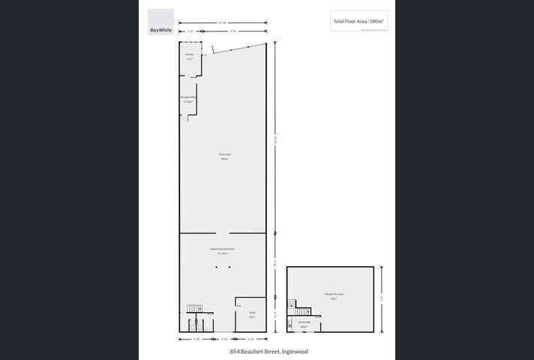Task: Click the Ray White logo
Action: coord(160,22)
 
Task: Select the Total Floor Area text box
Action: coord(358,22)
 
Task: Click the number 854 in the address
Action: coord(235,351)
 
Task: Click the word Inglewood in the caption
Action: coord(294,351)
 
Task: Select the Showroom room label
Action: coord(223,156)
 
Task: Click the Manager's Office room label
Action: coord(187,97)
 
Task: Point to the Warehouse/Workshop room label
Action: coord(222,250)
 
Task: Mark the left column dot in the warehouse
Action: coord(217,267)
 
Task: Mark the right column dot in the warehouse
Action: coord(229,267)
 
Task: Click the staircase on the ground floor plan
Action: coord(193,309)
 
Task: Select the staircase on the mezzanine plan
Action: coord(302,310)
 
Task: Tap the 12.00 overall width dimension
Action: coord(223,23)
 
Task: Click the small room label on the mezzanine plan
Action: coord(304,325)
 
